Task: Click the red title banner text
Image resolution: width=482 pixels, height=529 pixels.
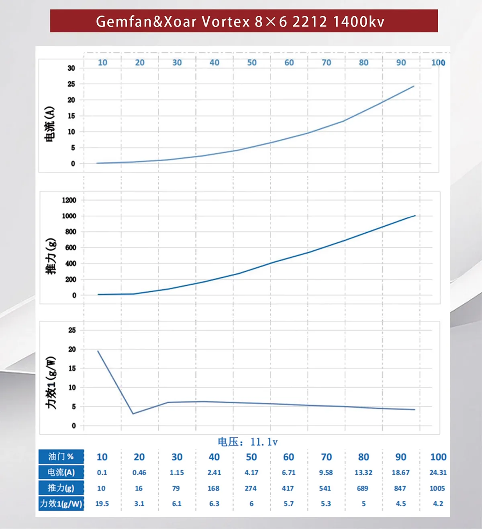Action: [x=240, y=21]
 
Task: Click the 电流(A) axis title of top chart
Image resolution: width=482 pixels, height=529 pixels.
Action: [x=49, y=124]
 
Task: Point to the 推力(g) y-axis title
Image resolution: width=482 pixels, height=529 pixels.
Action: [x=51, y=256]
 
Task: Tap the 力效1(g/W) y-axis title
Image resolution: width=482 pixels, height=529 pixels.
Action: [x=51, y=383]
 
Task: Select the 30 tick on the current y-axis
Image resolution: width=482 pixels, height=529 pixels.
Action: [x=71, y=68]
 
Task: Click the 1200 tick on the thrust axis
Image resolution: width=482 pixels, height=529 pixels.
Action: [x=69, y=200]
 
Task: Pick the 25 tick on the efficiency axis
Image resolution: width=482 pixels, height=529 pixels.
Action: [x=72, y=330]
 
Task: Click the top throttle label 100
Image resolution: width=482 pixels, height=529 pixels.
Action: [x=438, y=63]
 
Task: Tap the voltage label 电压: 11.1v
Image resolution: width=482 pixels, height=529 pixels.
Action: [x=247, y=442]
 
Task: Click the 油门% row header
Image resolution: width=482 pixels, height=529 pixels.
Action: [x=61, y=457]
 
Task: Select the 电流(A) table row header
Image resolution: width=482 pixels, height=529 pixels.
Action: [x=61, y=472]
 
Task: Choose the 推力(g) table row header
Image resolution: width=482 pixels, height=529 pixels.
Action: [x=61, y=488]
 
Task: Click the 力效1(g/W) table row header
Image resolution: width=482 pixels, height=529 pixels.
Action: [x=61, y=504]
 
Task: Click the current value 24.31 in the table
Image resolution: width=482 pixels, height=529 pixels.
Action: [x=438, y=473]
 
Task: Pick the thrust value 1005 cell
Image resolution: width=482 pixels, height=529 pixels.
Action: [x=437, y=488]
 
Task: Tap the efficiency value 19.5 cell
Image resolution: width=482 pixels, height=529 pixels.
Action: [x=102, y=504]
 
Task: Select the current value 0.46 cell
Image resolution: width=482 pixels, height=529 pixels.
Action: [x=139, y=473]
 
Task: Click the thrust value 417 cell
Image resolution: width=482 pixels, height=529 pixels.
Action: [x=288, y=488]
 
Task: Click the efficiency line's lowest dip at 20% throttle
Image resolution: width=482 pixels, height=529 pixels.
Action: [x=133, y=414]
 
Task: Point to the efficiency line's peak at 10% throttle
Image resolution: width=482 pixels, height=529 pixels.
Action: [x=98, y=351]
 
